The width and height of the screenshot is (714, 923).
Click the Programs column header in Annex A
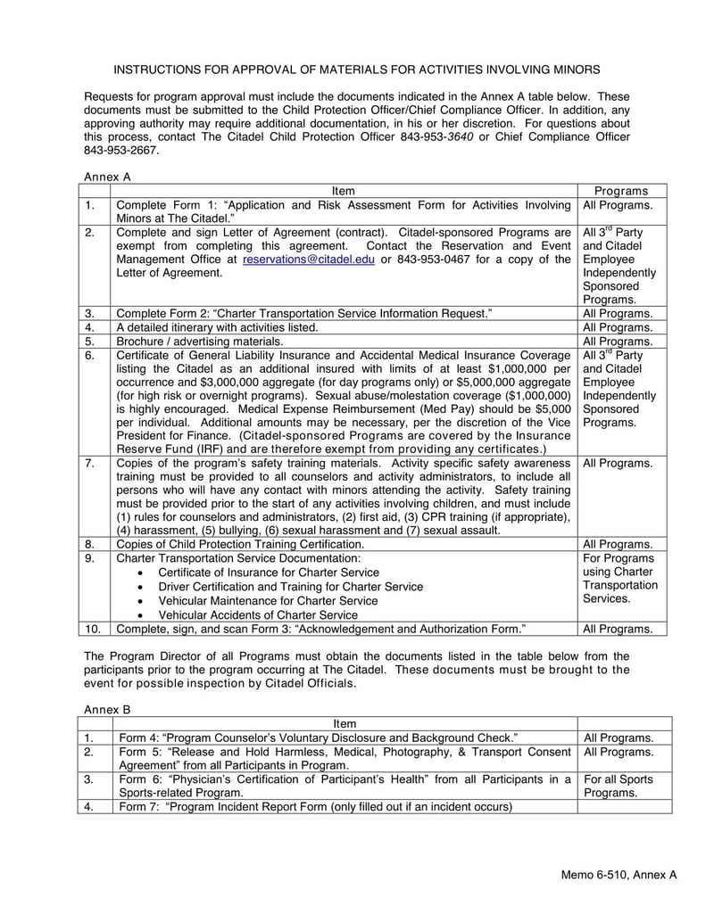[620, 191]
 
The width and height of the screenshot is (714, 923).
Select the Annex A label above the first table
[107, 177]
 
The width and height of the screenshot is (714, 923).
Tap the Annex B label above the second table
[107, 708]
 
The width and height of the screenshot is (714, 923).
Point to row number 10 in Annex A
[93, 629]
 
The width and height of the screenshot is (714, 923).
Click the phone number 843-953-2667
[121, 151]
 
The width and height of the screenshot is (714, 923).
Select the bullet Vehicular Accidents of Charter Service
[258, 614]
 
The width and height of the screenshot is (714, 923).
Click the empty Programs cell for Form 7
[622, 806]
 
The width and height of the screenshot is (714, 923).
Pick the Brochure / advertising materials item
[201, 341]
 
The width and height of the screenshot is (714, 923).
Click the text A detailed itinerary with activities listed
[217, 327]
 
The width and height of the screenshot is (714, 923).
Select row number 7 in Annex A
[90, 463]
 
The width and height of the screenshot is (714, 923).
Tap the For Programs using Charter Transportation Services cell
[620, 578]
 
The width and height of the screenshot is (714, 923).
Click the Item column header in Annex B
[344, 723]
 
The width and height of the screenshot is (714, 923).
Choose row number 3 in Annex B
[90, 779]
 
